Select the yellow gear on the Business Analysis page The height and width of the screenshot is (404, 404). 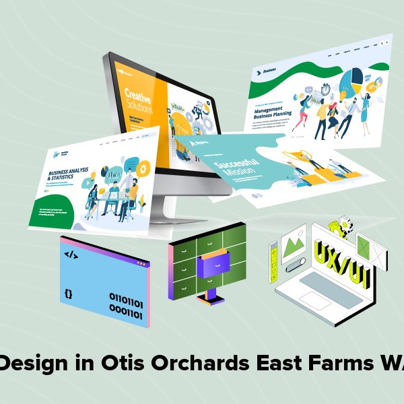[143, 166]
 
